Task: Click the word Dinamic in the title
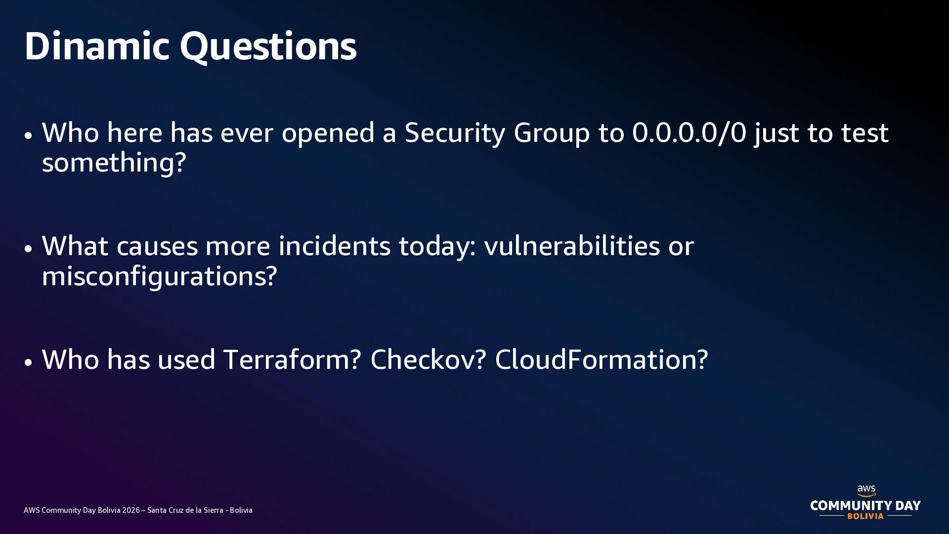tap(97, 46)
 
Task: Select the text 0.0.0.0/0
tap(689, 133)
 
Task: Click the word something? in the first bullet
tap(114, 163)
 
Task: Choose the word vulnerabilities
tap(572, 246)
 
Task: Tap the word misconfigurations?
tap(159, 276)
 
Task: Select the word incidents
tap(335, 246)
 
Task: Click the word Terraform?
tap(293, 359)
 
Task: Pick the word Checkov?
tap(429, 359)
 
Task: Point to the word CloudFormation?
tap(602, 359)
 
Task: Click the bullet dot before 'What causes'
tap(28, 249)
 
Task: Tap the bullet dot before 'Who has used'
tap(28, 362)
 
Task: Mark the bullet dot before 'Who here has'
tap(28, 135)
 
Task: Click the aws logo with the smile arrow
tap(866, 491)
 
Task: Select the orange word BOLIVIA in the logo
tap(865, 516)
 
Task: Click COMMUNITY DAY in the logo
tap(865, 505)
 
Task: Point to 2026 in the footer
tap(131, 510)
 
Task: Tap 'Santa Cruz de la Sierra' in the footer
tap(185, 510)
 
